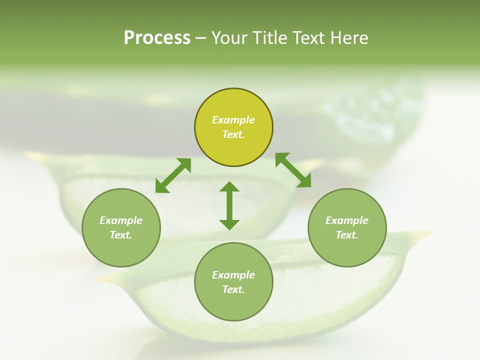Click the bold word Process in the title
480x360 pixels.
pyautogui.click(x=157, y=37)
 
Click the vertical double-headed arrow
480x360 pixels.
pyautogui.click(x=229, y=206)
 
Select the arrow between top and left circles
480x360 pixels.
pyautogui.click(x=173, y=175)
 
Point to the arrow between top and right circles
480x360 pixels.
pyautogui.click(x=293, y=170)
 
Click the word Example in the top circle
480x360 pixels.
pyautogui.click(x=233, y=120)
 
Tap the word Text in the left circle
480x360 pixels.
pyautogui.click(x=121, y=235)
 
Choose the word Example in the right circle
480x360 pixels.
pyautogui.click(x=347, y=220)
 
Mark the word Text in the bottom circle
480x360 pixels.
pyautogui.click(x=233, y=289)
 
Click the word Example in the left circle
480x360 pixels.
pyautogui.click(x=121, y=220)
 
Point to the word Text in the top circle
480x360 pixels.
pyautogui.click(x=233, y=134)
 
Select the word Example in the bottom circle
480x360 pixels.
pyautogui.click(x=233, y=275)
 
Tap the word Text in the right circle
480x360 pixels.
pyautogui.click(x=347, y=235)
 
